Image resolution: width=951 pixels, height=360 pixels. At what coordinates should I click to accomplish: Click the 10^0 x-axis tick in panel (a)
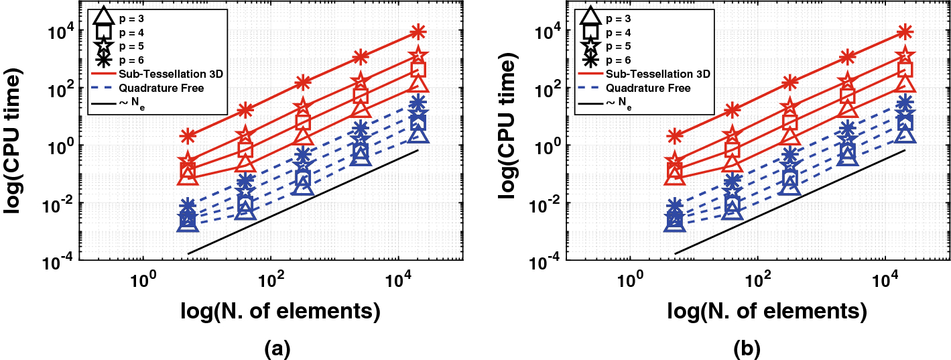coord(142,278)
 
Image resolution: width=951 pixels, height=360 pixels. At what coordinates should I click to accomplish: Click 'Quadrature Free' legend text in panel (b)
coord(647,88)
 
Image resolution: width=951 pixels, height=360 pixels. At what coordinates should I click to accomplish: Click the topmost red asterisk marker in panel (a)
coord(419,31)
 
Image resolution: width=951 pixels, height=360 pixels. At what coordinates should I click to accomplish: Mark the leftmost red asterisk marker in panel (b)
coord(675,136)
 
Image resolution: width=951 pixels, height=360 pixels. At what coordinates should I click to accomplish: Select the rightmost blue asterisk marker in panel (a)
coord(418,103)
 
